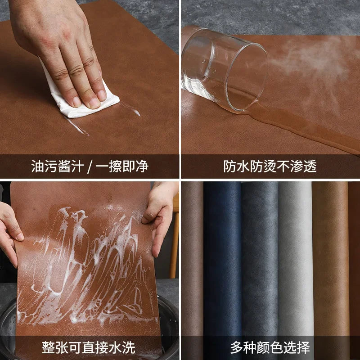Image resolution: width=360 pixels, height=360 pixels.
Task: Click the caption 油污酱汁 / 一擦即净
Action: [90, 166]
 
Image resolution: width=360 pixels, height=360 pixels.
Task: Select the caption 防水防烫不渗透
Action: [270, 166]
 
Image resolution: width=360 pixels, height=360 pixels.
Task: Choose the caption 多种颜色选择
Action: [270, 347]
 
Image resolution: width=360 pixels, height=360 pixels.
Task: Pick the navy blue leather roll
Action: [222, 261]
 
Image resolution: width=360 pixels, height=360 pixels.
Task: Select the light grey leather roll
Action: [295, 261]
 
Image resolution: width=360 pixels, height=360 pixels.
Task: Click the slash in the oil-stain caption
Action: [89, 166]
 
